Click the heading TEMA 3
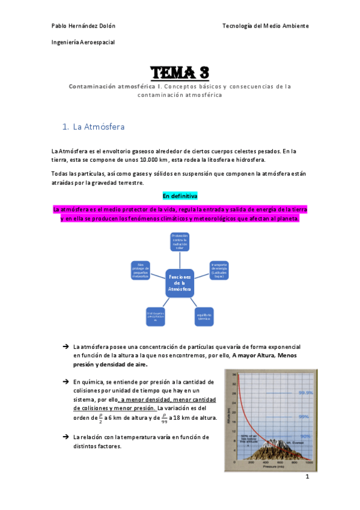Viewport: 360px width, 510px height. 180,73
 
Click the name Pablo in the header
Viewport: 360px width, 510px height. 61,26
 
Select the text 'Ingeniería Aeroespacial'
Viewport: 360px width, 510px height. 83,42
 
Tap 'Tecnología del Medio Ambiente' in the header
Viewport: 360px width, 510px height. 266,26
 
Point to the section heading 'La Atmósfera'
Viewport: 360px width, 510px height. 99,127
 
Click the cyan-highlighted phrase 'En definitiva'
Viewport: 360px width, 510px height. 180,197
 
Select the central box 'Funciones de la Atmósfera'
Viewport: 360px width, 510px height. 180,283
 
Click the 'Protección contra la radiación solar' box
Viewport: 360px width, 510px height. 180,242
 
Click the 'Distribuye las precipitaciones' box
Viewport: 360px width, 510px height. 156,316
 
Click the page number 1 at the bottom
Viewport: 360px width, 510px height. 307,477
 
